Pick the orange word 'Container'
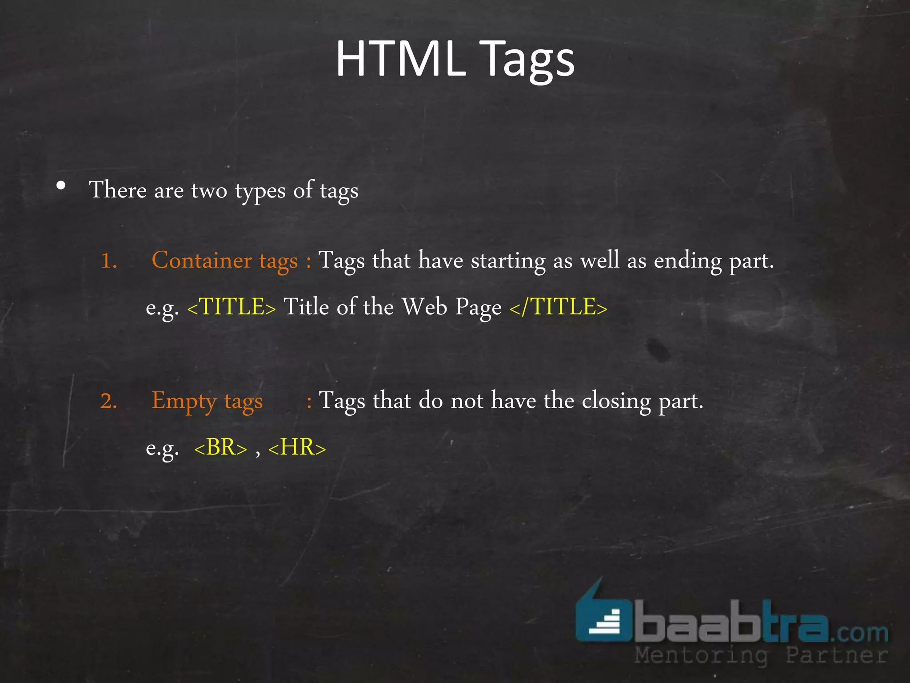(202, 260)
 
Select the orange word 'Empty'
(184, 401)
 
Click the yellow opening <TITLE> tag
(231, 307)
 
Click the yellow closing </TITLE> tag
(558, 307)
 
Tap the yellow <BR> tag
(220, 447)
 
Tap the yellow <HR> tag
(297, 447)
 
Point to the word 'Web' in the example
(424, 307)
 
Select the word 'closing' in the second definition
(616, 401)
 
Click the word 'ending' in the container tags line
(688, 261)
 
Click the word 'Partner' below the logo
(836, 655)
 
